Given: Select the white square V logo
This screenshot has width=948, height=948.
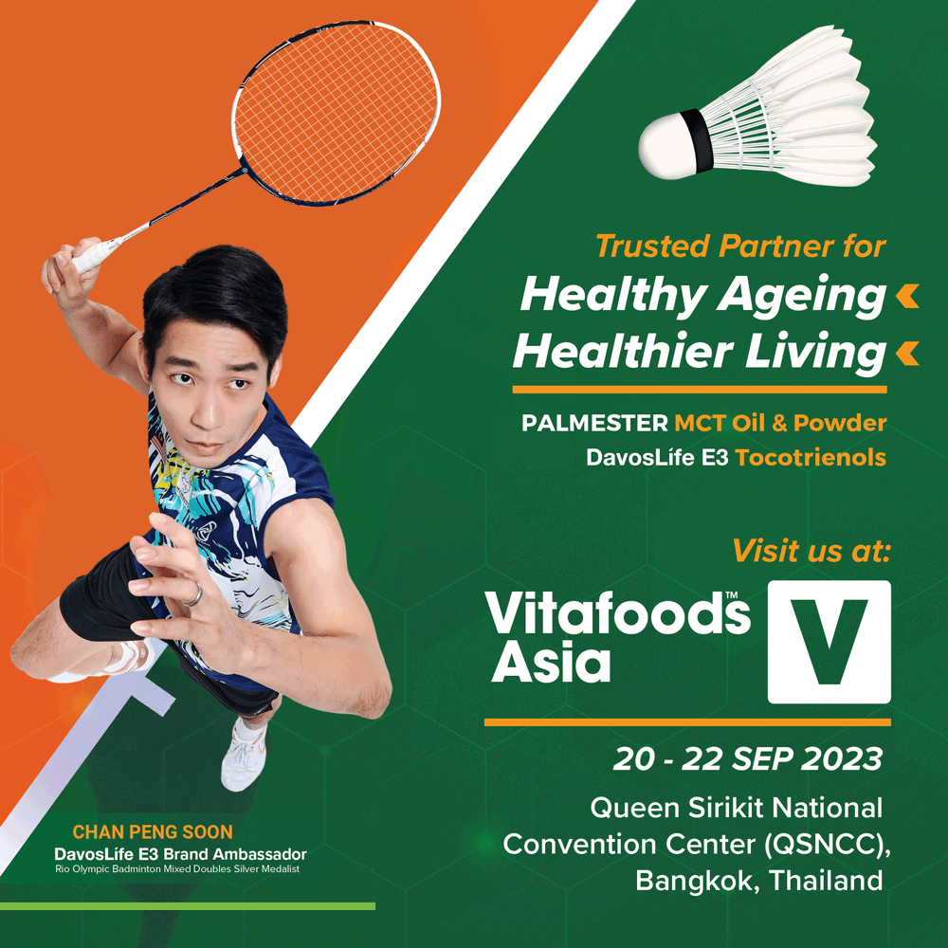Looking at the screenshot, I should [829, 642].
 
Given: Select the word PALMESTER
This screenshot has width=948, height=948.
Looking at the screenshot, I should [594, 423].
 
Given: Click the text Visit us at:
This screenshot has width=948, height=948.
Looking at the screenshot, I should [811, 550].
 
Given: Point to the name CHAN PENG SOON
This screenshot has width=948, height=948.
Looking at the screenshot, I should [154, 832].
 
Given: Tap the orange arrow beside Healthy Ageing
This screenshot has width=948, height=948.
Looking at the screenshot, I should [907, 298].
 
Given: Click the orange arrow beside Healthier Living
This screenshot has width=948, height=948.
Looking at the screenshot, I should [907, 354].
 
